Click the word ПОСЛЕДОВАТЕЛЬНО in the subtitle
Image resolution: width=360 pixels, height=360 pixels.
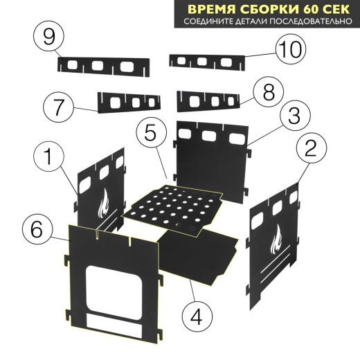pyautogui.click(x=307, y=22)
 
